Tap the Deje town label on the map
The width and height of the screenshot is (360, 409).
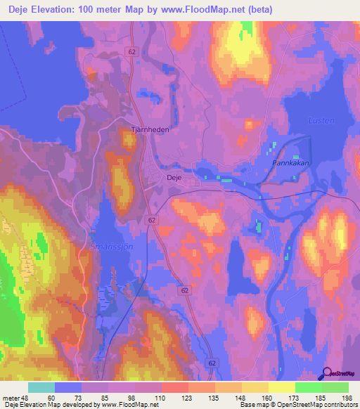(174, 178)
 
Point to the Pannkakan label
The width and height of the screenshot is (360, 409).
(291, 162)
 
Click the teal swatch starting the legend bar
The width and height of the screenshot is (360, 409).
(41, 388)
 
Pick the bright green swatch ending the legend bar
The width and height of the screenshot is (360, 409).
(335, 388)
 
